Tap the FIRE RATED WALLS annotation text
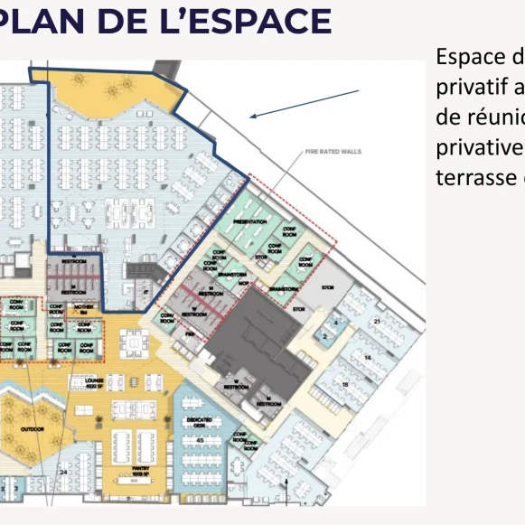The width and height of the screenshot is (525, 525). [333, 152]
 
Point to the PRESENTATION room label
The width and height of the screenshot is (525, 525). [250, 221]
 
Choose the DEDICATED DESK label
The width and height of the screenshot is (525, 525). [199, 420]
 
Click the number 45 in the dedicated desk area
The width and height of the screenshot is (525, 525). [200, 440]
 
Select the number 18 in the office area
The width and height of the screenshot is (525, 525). [346, 385]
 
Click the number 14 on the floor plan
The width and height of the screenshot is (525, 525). [367, 358]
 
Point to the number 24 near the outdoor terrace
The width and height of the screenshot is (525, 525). [63, 473]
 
